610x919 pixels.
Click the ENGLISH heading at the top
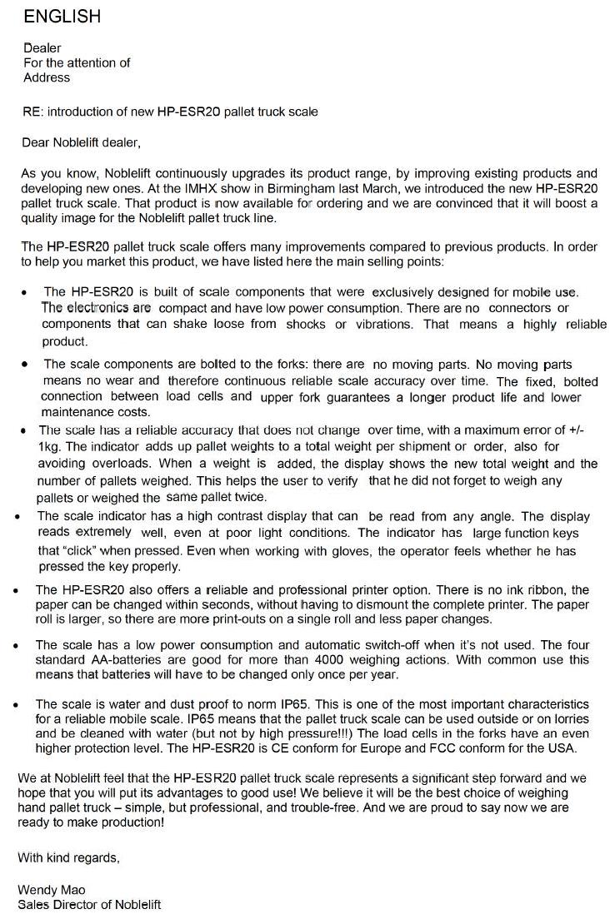(x=62, y=16)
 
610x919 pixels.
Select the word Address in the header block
(x=47, y=77)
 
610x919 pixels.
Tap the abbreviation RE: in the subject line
(x=34, y=112)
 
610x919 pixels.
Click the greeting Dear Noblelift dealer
(x=81, y=142)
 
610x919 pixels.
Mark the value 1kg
(x=49, y=445)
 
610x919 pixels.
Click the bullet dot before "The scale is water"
(x=17, y=704)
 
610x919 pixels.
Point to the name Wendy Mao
(x=52, y=890)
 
